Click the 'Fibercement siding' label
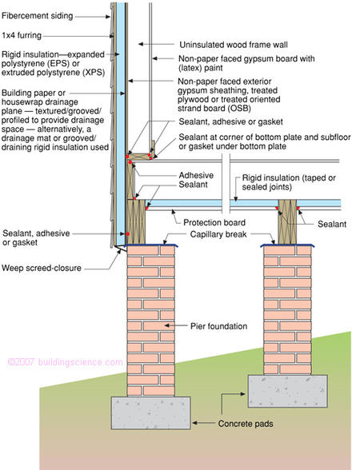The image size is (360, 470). (x=37, y=16)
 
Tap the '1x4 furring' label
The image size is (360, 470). (x=22, y=35)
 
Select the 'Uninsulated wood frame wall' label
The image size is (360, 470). (x=234, y=45)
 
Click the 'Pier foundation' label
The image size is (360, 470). (x=218, y=326)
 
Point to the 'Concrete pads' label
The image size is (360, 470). (x=246, y=424)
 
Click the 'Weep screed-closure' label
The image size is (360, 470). (x=42, y=268)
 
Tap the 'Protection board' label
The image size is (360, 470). (x=214, y=222)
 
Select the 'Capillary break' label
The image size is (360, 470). (x=218, y=234)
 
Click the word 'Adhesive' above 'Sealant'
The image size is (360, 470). (x=196, y=175)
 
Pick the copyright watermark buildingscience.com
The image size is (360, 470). (x=65, y=362)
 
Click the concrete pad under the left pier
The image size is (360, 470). (x=151, y=412)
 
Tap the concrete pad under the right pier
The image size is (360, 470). (x=287, y=391)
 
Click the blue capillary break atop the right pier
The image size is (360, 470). (x=287, y=245)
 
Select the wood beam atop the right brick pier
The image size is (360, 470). (x=287, y=222)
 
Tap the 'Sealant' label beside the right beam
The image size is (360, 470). (x=332, y=224)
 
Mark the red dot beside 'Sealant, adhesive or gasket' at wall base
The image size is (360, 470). (x=127, y=233)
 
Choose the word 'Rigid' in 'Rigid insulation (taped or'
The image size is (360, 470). (x=252, y=177)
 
